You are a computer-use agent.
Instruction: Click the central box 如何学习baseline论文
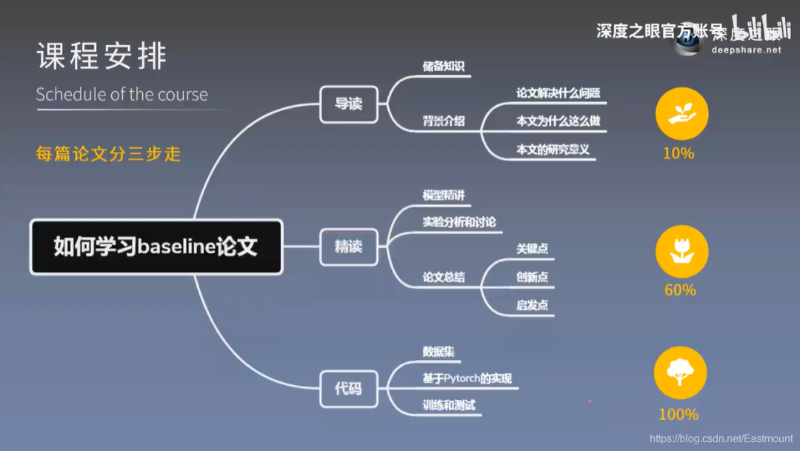(156, 247)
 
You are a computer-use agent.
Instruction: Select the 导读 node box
(348, 104)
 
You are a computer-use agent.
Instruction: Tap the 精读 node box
(348, 247)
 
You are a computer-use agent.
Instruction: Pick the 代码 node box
(348, 387)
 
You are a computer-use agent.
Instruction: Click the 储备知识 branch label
(443, 67)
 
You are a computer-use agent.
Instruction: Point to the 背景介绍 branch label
(443, 121)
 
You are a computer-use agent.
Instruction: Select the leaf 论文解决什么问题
(558, 94)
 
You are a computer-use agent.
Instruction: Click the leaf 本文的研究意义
(553, 149)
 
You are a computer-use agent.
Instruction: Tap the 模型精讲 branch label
(443, 196)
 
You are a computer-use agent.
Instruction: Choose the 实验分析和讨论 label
(459, 221)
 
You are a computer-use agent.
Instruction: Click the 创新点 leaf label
(532, 277)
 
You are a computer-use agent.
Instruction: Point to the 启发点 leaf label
(532, 304)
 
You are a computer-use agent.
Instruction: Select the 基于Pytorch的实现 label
(467, 378)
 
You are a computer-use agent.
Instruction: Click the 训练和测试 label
(448, 405)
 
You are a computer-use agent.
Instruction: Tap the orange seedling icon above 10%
(681, 115)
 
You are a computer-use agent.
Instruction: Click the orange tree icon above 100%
(680, 373)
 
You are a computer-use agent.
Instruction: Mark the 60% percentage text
(680, 290)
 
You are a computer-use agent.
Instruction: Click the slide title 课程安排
(101, 57)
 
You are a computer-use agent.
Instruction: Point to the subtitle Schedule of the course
(121, 95)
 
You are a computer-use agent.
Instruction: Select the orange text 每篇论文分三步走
(108, 154)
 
